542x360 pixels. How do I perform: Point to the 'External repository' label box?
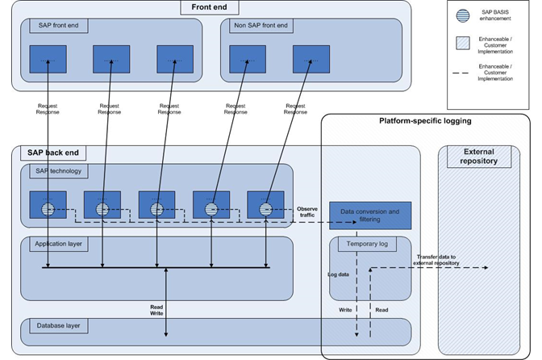click(x=478, y=156)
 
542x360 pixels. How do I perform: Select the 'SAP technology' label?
click(x=57, y=170)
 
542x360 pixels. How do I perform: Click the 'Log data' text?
click(x=339, y=274)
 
